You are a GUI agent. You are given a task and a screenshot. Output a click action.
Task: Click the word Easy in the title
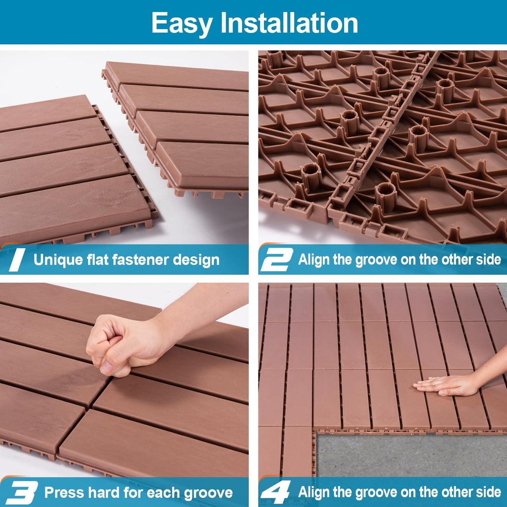coord(182,23)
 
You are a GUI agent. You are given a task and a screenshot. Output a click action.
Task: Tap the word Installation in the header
coord(289,23)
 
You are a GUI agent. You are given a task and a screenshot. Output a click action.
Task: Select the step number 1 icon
coord(17,260)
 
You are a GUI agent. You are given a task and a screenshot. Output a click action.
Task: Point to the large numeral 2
coord(276,260)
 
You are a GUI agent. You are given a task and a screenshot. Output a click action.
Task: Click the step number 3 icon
coord(21,493)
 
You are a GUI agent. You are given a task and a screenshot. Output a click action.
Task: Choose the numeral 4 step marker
coord(276,493)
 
